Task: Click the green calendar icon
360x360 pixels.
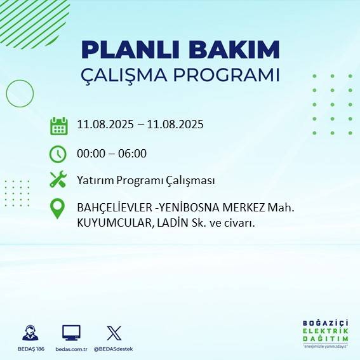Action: pyautogui.click(x=58, y=126)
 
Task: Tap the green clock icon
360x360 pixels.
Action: pyautogui.click(x=58, y=154)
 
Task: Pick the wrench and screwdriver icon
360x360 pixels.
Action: pyautogui.click(x=58, y=180)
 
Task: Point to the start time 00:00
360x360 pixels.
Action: pyautogui.click(x=91, y=153)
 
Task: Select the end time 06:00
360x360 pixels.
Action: pyautogui.click(x=133, y=153)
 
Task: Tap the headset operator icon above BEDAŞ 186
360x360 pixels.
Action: pyautogui.click(x=29, y=333)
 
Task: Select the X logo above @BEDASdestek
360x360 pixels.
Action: pyautogui.click(x=114, y=333)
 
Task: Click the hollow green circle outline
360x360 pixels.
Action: pyautogui.click(x=20, y=94)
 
